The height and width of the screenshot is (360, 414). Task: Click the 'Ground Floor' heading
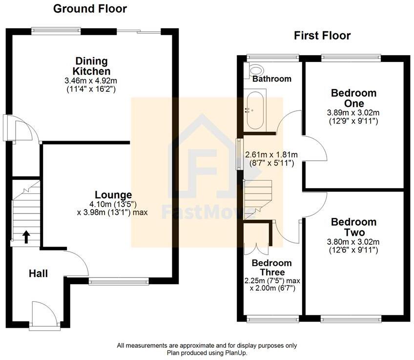tap(90, 9)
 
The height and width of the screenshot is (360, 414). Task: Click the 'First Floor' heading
tap(322, 36)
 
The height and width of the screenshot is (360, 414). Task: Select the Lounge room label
tap(113, 194)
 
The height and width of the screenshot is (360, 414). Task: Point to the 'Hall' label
tap(38, 274)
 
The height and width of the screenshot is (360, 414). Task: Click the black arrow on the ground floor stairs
tap(26, 237)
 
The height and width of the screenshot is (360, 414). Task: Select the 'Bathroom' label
tap(272, 79)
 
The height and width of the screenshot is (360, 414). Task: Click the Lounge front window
tap(119, 281)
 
